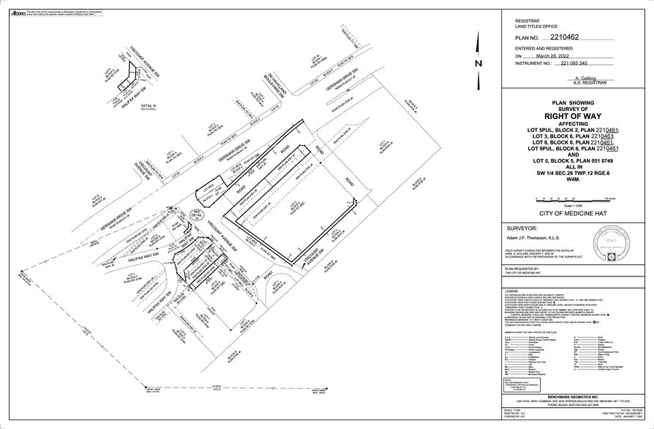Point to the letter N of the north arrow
click(478, 63)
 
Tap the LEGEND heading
click(511, 290)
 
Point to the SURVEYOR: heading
click(517, 227)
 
